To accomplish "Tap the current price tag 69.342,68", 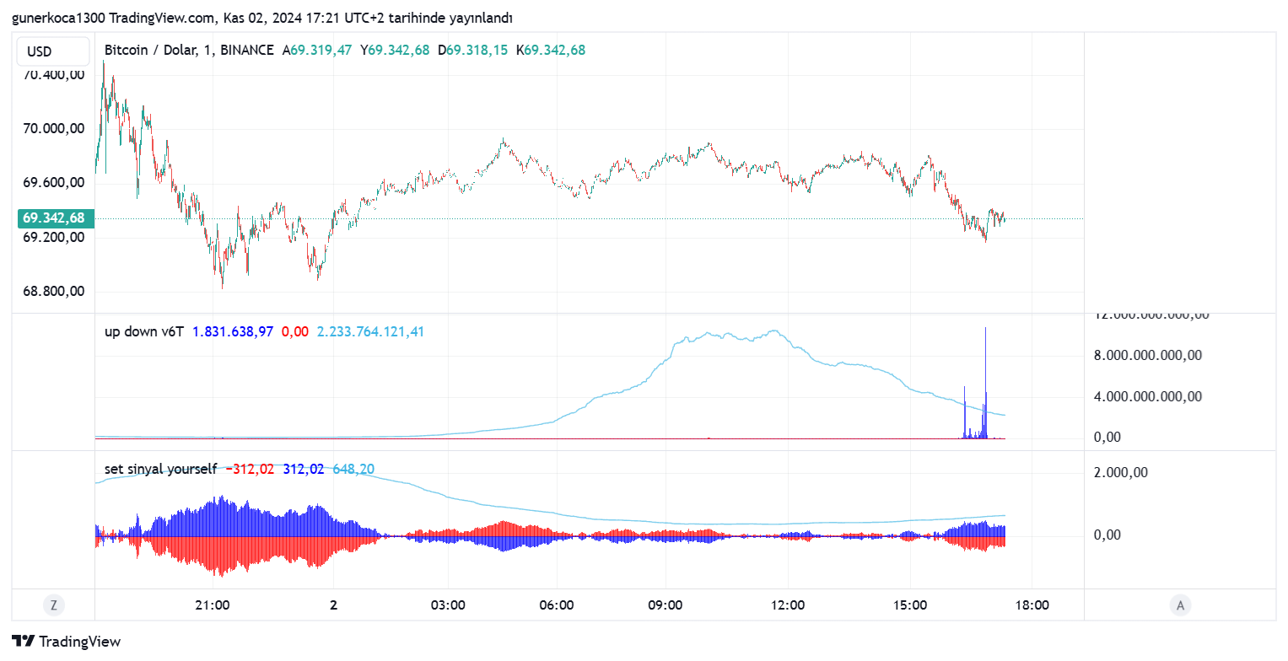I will coord(53,218).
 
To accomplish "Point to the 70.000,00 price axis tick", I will coord(54,129).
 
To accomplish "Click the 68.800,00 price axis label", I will coord(54,292).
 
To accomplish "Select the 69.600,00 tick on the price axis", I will coord(54,183).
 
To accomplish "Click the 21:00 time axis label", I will coord(213,605).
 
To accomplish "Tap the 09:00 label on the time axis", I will coord(666,605).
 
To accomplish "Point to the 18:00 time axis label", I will coord(1032,605).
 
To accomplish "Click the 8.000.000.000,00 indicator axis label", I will coord(1147,356).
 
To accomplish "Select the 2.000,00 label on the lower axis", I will coord(1121,473).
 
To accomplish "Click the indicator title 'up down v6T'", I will coord(144,332).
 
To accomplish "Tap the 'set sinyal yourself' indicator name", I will coord(160,469).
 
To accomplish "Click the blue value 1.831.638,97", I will coord(233,332).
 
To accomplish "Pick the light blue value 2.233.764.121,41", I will coord(370,332).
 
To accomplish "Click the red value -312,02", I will coord(251,469).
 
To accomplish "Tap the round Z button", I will coord(53,605).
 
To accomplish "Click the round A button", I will coord(1180,605).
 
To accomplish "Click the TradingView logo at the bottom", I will coord(67,642).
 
